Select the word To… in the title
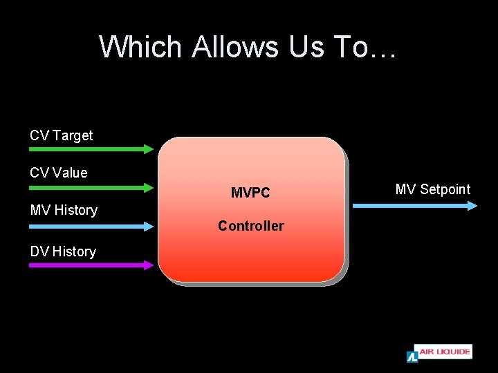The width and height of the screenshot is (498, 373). (x=365, y=47)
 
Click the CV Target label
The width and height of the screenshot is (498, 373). (x=61, y=135)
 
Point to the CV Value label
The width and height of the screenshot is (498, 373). (x=59, y=173)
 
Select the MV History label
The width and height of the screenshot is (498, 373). (x=64, y=210)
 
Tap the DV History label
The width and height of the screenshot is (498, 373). (x=63, y=251)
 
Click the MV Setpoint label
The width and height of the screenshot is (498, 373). (x=433, y=189)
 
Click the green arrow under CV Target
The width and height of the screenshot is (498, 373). (x=90, y=149)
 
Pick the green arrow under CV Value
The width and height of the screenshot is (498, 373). (x=90, y=186)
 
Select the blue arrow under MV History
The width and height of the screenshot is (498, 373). (x=90, y=226)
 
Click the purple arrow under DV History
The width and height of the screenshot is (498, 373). (x=90, y=265)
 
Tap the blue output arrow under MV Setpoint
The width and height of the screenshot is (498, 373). (x=414, y=205)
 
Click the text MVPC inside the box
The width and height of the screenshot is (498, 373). (x=250, y=193)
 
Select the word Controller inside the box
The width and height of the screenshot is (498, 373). (x=250, y=226)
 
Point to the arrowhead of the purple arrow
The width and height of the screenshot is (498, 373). (x=149, y=265)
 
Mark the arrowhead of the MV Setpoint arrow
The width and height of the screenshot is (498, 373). (x=472, y=205)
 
